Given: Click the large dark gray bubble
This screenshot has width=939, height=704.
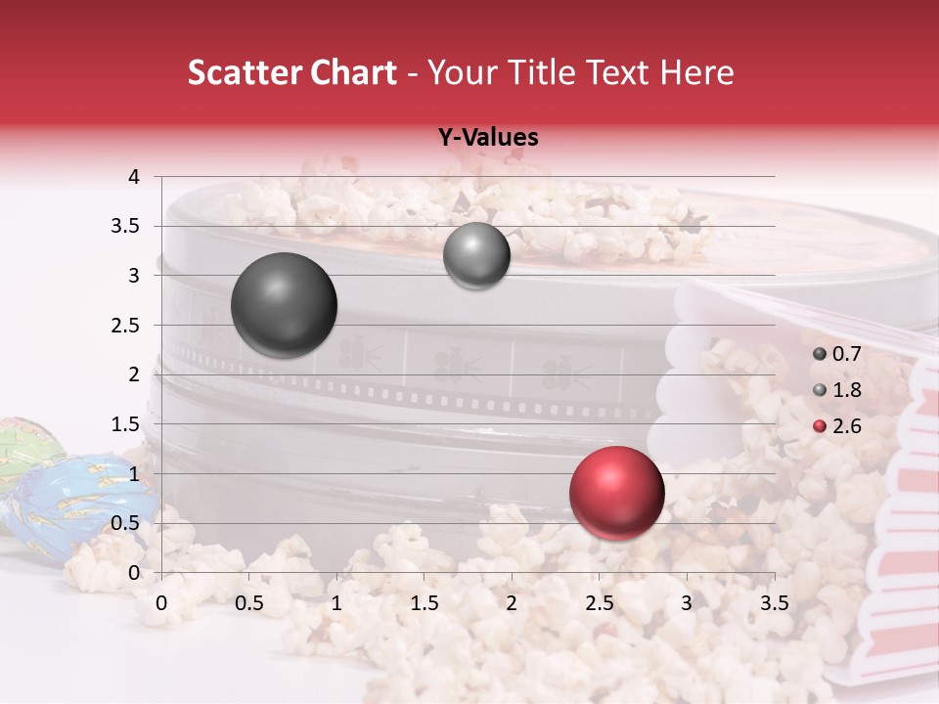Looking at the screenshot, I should tap(284, 305).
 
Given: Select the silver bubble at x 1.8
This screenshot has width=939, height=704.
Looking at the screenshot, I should tap(476, 256).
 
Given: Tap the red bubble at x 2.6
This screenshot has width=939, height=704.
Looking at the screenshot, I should tap(616, 493).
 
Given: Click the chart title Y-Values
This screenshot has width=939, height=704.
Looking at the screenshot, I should tap(487, 138).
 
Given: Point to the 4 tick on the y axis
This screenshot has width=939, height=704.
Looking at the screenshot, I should tap(135, 177).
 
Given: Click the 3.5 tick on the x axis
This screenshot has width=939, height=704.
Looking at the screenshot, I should tap(774, 602).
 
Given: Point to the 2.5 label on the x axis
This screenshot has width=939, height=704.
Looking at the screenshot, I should tap(599, 602).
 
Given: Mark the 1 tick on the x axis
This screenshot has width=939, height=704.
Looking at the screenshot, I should tap(336, 602).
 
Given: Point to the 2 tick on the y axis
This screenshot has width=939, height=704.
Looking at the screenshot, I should tap(135, 374).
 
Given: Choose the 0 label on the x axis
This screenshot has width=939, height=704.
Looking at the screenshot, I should tap(161, 602).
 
